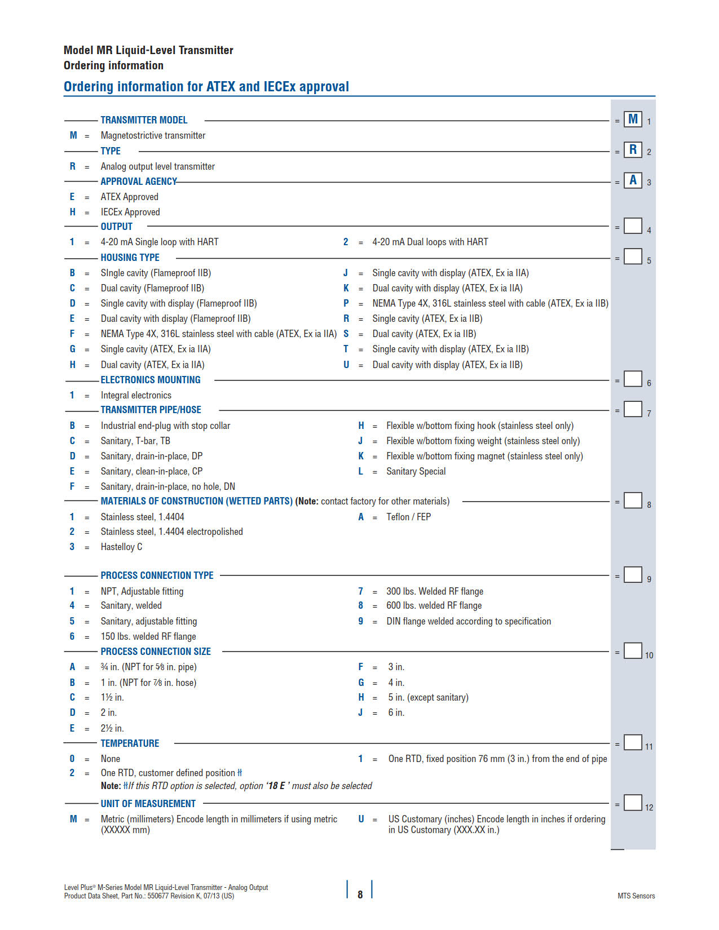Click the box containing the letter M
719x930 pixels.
click(633, 119)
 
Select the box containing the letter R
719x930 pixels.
click(633, 150)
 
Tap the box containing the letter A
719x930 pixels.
click(633, 180)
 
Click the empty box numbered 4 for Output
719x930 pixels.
click(633, 226)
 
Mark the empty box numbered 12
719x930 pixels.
click(633, 803)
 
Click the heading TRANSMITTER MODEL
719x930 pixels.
click(144, 120)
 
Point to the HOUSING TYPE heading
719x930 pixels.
click(130, 258)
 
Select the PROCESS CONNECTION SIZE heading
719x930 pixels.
click(156, 652)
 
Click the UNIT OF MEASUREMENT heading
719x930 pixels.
click(148, 804)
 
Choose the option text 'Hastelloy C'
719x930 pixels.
click(121, 547)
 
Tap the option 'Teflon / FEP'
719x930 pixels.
click(408, 517)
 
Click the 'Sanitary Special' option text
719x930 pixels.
click(416, 471)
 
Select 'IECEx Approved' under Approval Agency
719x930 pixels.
click(130, 212)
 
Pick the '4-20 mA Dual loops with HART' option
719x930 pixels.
click(430, 242)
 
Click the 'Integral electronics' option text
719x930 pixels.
click(136, 395)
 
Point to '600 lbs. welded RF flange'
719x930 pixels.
click(434, 605)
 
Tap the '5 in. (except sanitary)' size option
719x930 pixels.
click(428, 697)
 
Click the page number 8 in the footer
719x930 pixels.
click(360, 894)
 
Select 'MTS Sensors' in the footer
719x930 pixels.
click(636, 896)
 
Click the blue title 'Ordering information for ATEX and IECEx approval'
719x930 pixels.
click(206, 87)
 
